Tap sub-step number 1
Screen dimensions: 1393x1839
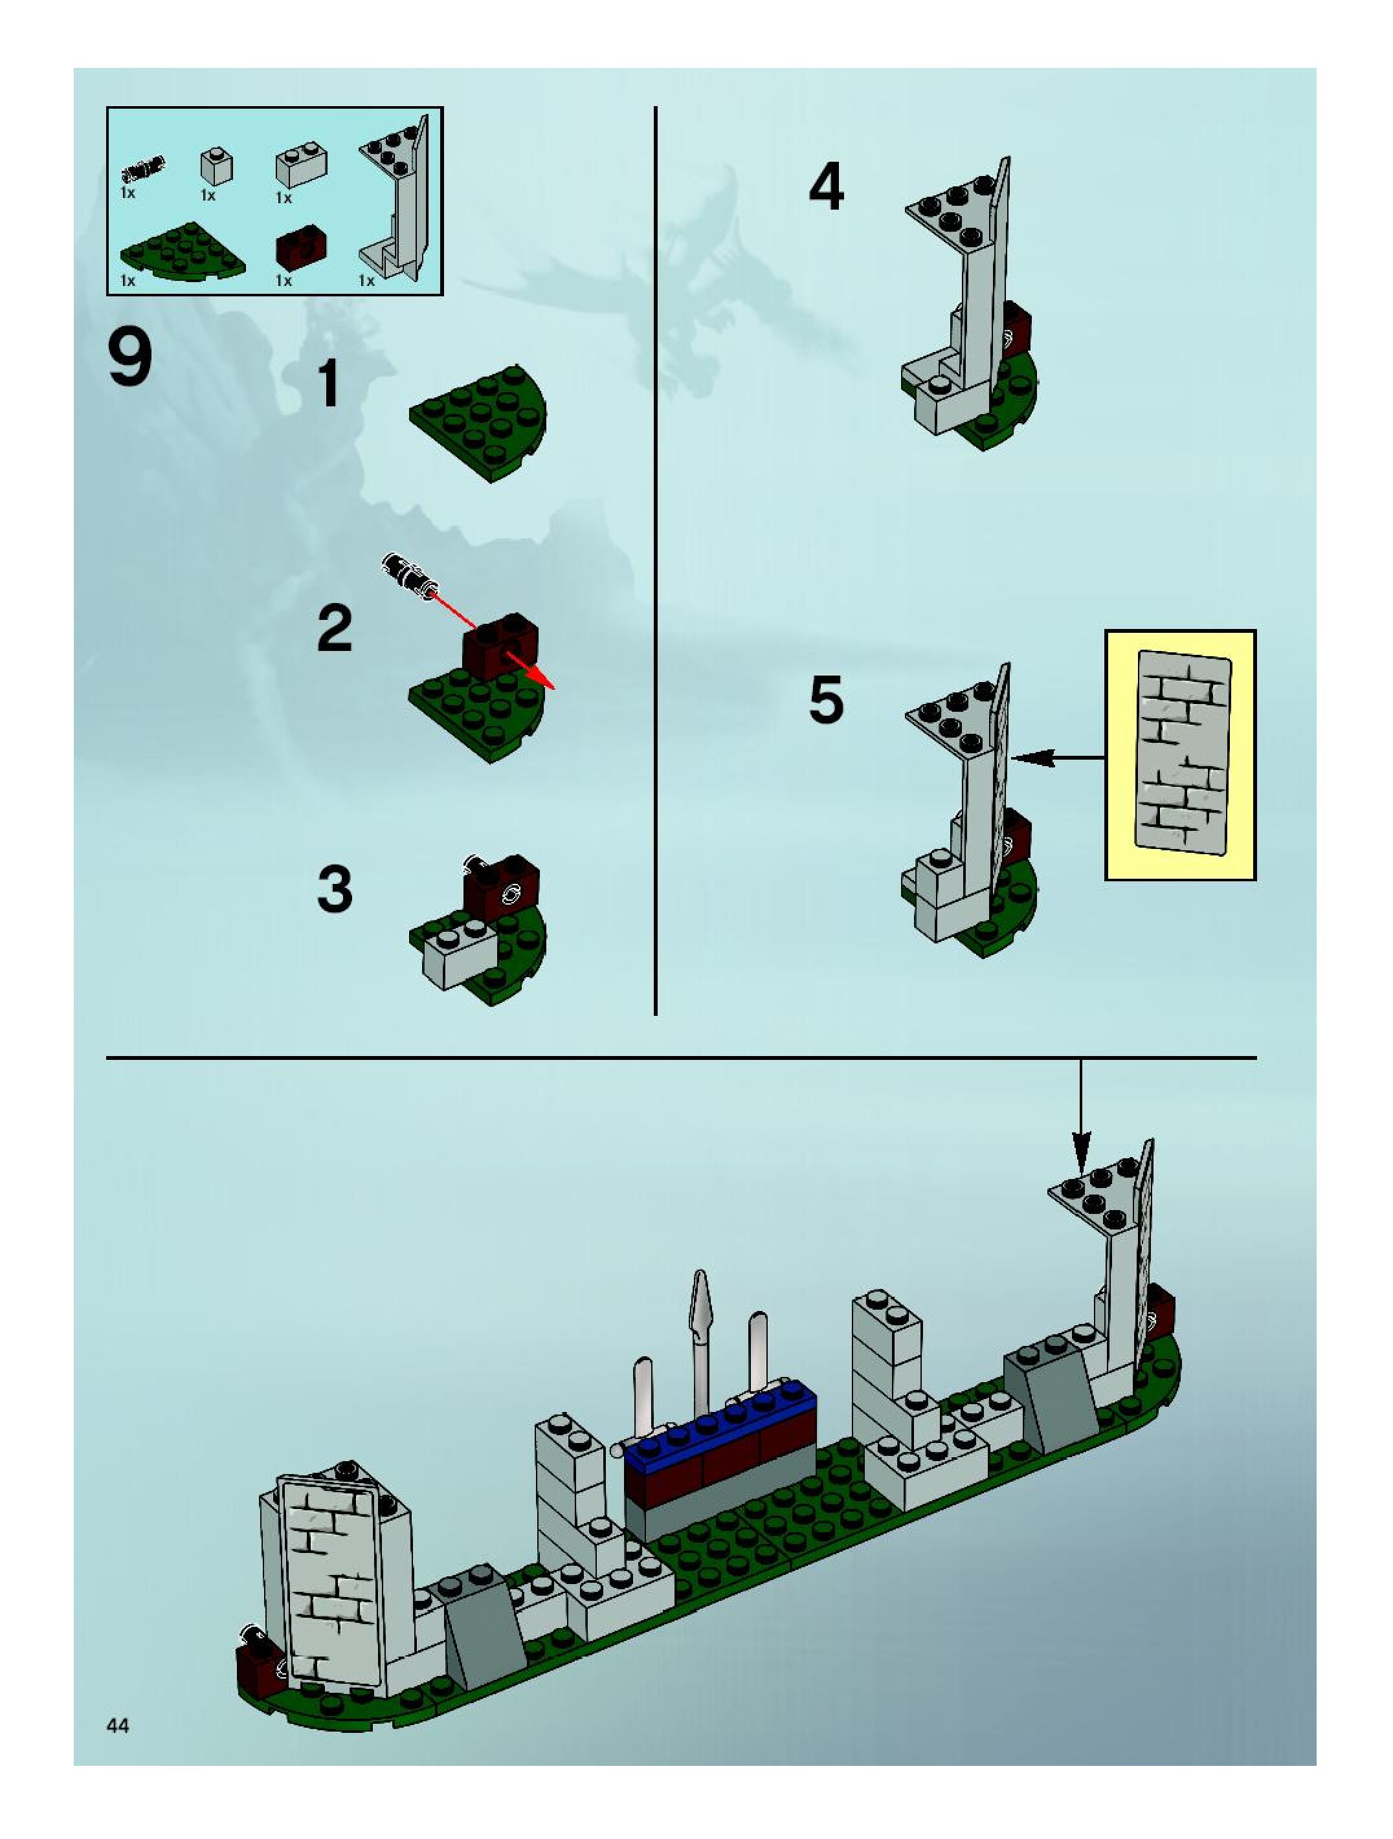click(331, 383)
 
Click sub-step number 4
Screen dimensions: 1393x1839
click(826, 187)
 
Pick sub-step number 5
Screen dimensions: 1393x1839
click(826, 699)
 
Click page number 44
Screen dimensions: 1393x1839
click(118, 1726)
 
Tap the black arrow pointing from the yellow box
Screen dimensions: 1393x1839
click(1058, 757)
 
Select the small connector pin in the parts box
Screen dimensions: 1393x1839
click(143, 169)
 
